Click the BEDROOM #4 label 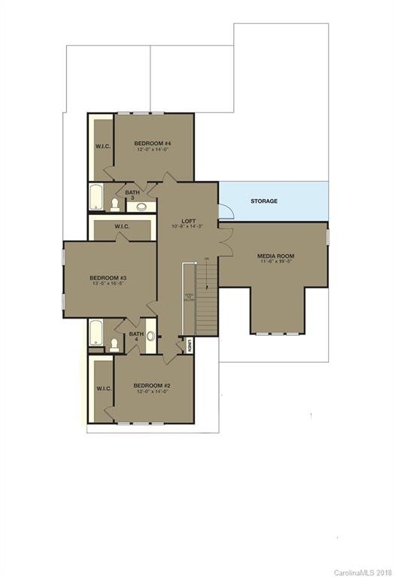(153, 143)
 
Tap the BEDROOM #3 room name (109, 276)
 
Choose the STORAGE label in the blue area (264, 201)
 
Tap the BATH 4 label (135, 337)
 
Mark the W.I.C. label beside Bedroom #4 (103, 147)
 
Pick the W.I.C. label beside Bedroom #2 (103, 388)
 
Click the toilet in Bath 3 (114, 204)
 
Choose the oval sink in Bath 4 (150, 337)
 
